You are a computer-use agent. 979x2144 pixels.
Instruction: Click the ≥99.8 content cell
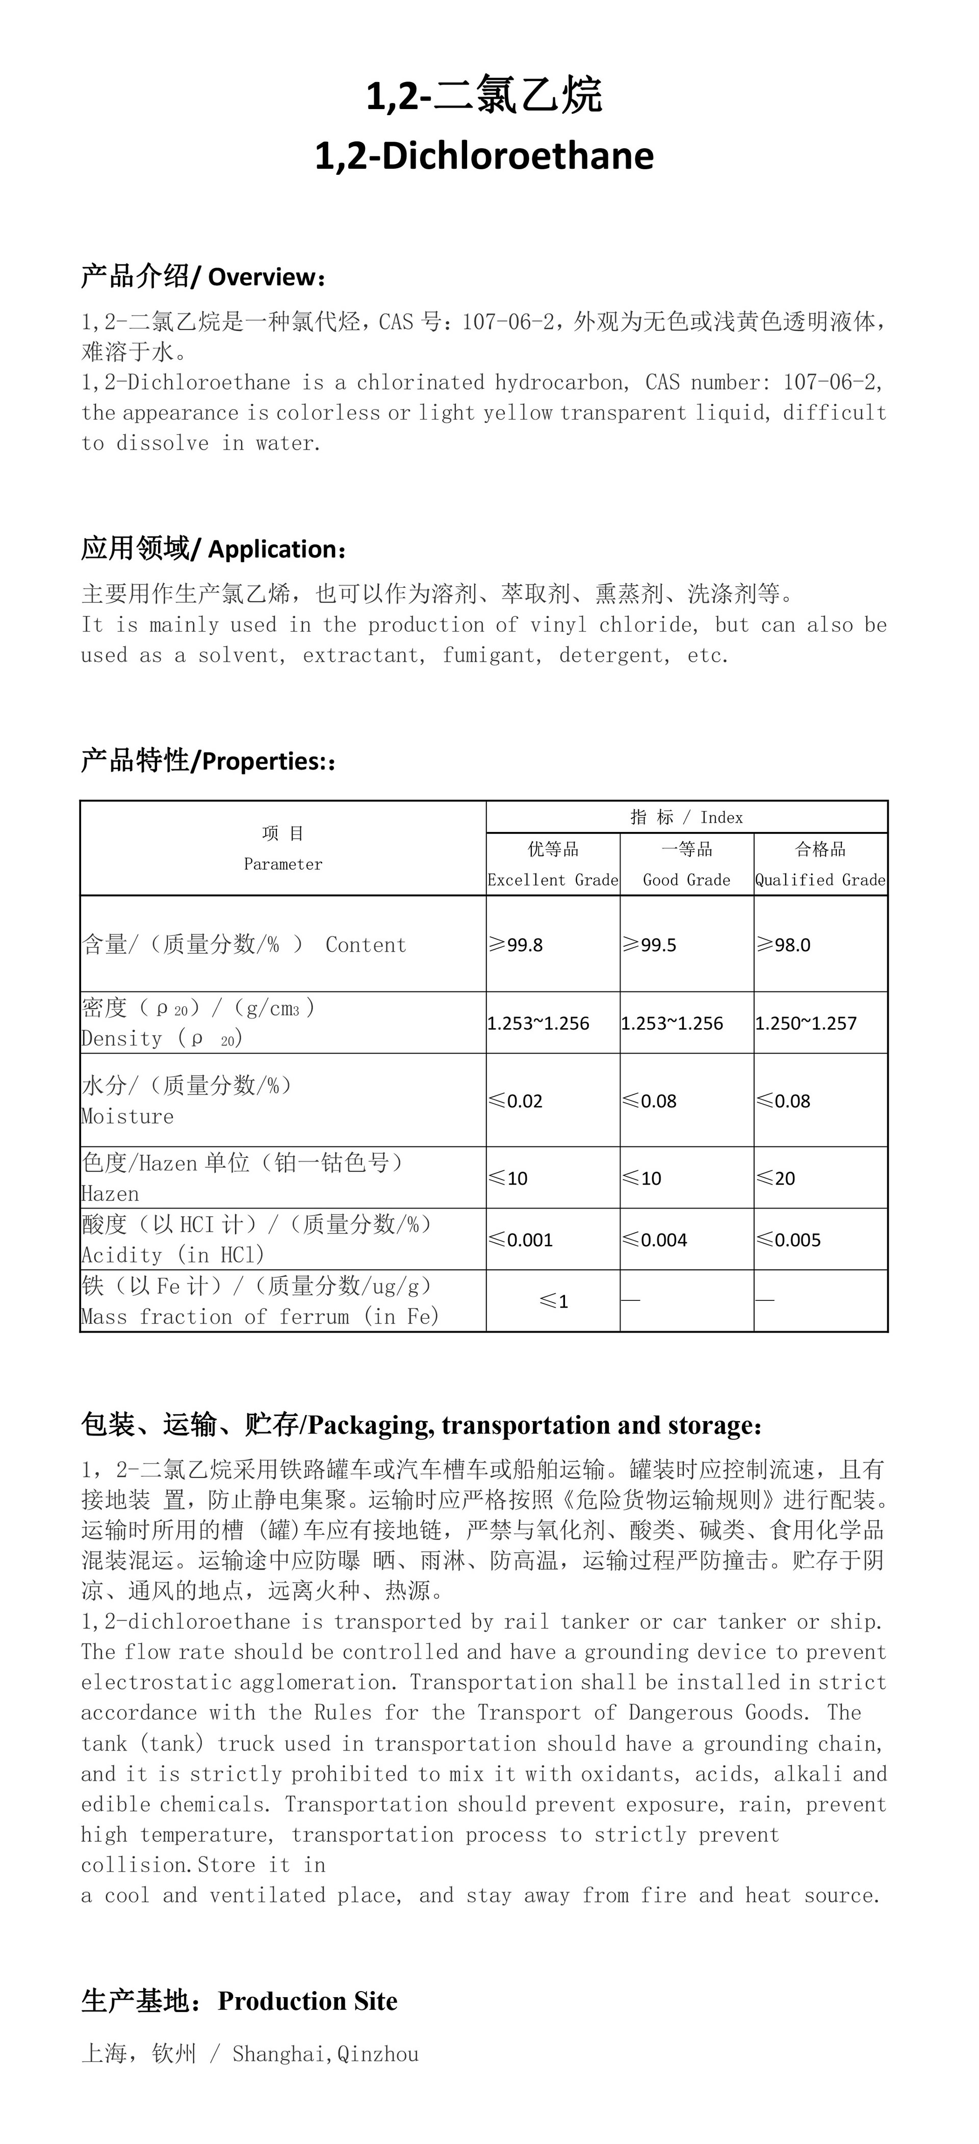(516, 945)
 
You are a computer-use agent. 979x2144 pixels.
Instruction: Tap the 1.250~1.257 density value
(806, 1023)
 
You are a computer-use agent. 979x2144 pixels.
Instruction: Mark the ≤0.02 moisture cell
(516, 1101)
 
